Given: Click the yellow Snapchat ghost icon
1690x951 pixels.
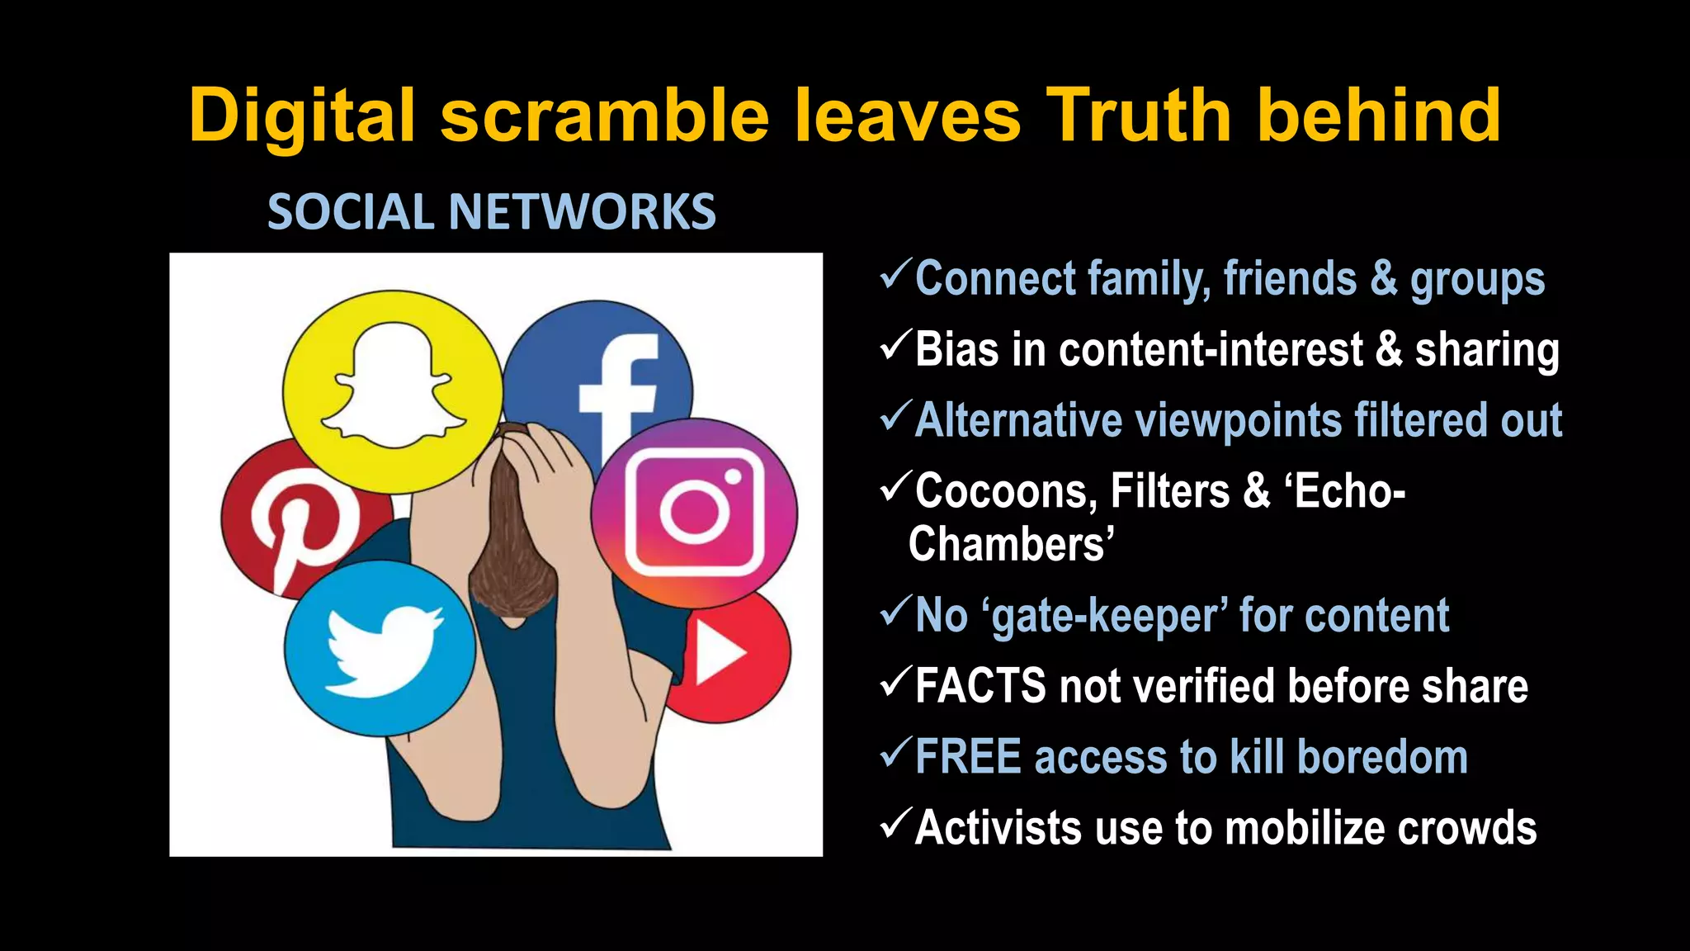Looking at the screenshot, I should click(393, 391).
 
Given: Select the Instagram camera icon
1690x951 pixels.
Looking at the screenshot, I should click(694, 513).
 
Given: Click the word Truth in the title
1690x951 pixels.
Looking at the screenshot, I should click(1140, 116).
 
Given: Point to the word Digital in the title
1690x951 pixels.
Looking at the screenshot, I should click(301, 116).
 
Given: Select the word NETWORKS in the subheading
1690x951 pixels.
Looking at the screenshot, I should click(582, 211).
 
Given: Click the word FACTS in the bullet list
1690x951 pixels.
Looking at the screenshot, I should click(980, 686).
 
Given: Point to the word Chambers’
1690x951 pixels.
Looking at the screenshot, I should click(1012, 545).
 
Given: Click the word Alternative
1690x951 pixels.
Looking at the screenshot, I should click(1019, 420).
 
